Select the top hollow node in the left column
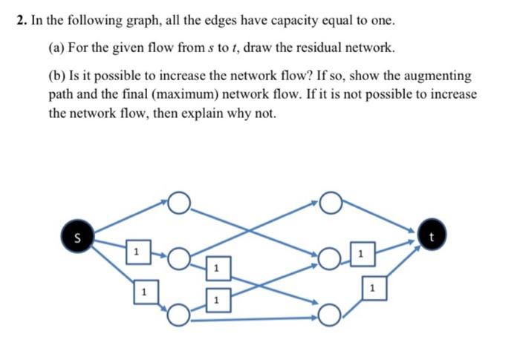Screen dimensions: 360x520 click(x=179, y=203)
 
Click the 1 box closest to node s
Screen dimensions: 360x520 click(x=136, y=252)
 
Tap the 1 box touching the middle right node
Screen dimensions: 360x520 click(x=360, y=255)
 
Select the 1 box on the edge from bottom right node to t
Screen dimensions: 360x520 click(x=374, y=286)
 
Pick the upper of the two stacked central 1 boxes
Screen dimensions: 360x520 click(x=215, y=267)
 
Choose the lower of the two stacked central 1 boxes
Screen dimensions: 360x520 click(x=215, y=300)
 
